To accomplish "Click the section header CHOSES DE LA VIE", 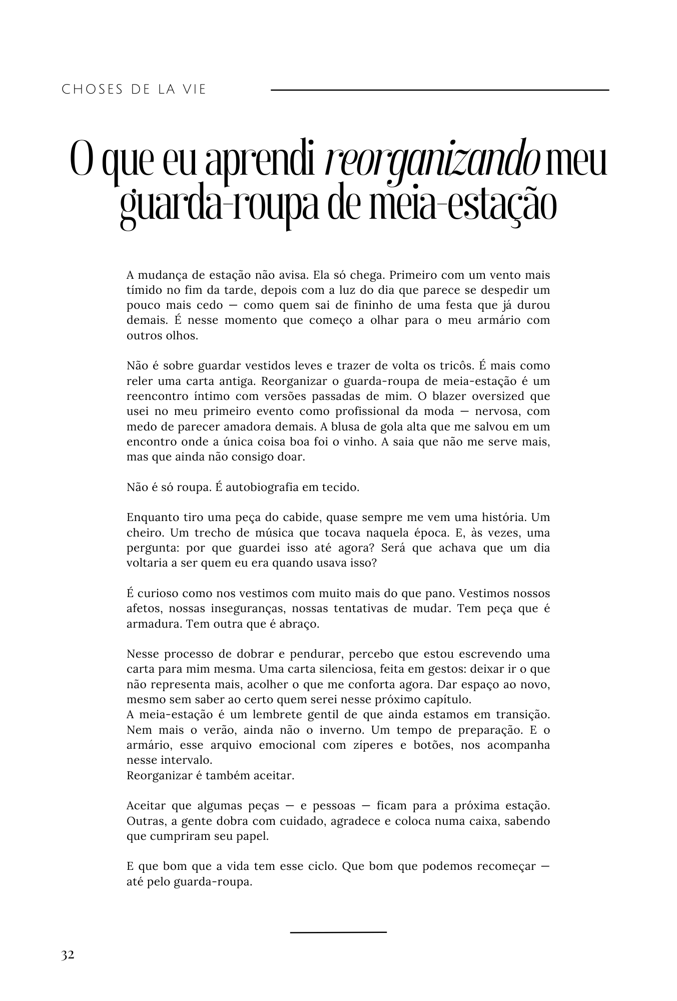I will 134,90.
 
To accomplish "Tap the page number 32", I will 68,955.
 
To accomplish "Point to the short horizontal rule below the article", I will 338,932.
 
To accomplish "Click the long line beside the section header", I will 439,90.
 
